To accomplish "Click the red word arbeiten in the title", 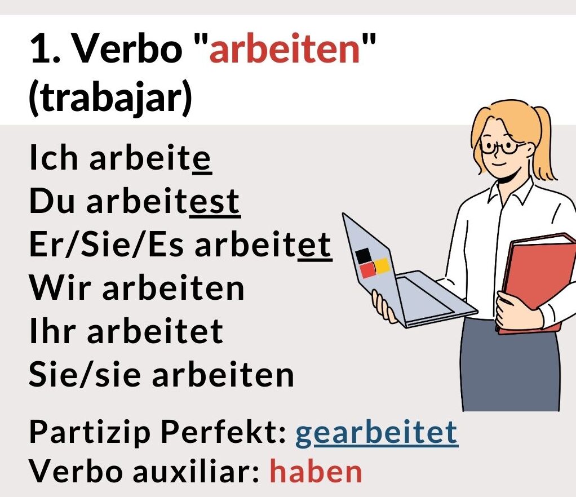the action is click(284, 49).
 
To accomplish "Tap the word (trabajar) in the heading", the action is click(110, 96).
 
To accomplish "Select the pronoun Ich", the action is click(54, 157).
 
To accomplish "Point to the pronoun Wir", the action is click(60, 287).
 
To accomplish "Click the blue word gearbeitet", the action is click(376, 433).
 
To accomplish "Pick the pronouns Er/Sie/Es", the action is click(107, 245).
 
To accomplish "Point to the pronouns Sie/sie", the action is click(85, 375).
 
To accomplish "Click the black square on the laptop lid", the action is click(364, 256).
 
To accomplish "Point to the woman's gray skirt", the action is click(510, 367).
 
